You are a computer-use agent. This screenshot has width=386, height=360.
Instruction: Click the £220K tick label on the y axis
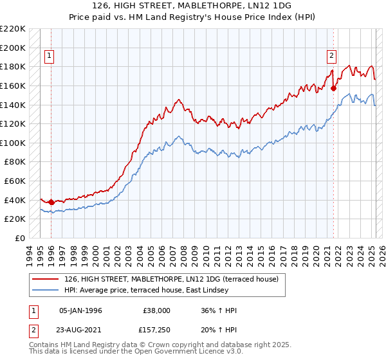click(x=13, y=29)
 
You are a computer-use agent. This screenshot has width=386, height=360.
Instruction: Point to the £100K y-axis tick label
click(x=13, y=143)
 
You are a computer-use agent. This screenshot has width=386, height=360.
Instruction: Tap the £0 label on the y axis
click(x=20, y=238)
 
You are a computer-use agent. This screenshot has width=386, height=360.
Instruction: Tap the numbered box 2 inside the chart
click(x=331, y=56)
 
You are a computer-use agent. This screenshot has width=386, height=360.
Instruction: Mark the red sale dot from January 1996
click(x=51, y=202)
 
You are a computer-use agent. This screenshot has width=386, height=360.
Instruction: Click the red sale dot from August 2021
click(x=333, y=89)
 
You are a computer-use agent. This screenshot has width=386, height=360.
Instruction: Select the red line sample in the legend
click(x=45, y=279)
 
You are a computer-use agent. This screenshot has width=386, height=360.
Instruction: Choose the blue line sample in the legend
click(x=45, y=291)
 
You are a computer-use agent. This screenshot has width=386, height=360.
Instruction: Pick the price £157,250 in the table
click(x=154, y=330)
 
